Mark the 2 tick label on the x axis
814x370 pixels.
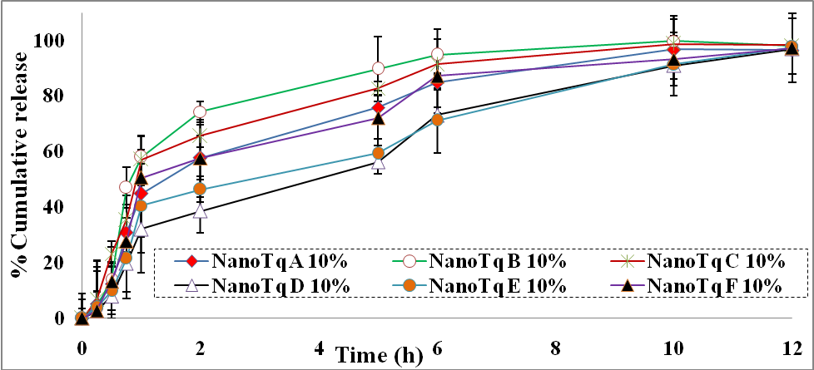[x=200, y=345]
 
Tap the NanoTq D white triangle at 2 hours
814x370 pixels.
[x=200, y=211]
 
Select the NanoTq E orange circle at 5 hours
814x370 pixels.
[x=378, y=153]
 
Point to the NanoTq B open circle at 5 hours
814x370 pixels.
[x=378, y=68]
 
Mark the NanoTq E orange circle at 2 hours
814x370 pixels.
[x=200, y=190]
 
